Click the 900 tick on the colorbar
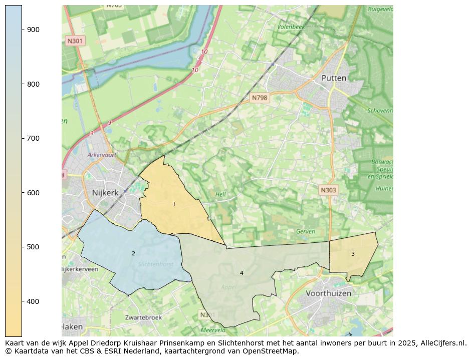(22, 30)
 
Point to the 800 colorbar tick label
(34, 84)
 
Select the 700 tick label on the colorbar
(34, 138)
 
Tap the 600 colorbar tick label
(34, 193)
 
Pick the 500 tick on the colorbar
(22, 247)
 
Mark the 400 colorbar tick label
(34, 301)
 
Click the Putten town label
(334, 78)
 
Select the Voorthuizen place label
(328, 293)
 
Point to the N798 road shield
(260, 98)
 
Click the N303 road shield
(328, 190)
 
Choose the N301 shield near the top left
(75, 41)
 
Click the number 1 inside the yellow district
(174, 204)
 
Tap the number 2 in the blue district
(133, 253)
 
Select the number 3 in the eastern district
(353, 254)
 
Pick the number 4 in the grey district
(242, 273)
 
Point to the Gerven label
(305, 231)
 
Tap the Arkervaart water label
(102, 155)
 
